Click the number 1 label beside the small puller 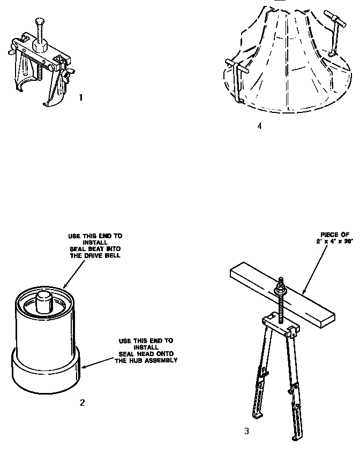81,97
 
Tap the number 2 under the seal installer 82,403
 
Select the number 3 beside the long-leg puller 246,430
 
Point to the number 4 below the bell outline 259,127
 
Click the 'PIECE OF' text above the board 335,234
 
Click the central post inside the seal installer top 44,302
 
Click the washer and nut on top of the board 279,289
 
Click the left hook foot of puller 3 258,415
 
